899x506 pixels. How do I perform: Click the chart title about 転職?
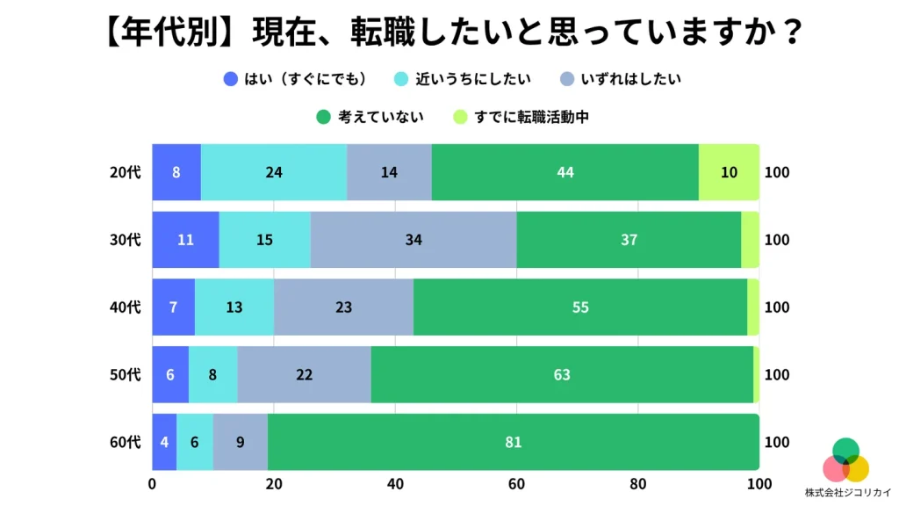(x=449, y=33)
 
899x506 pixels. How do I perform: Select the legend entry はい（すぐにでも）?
(x=295, y=78)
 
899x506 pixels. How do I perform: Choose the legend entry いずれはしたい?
(x=620, y=78)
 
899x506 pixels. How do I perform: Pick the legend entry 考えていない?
(x=369, y=116)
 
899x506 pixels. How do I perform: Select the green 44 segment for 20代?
(x=565, y=172)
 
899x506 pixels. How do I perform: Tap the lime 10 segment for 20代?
(x=729, y=172)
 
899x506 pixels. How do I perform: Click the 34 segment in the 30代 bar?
(x=414, y=240)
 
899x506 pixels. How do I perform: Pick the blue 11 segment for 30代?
(x=185, y=240)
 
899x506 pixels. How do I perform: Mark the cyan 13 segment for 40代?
(x=234, y=307)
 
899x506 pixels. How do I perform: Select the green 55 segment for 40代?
(x=579, y=307)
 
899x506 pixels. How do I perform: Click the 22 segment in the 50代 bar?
(x=304, y=375)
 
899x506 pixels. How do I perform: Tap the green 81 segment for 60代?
(x=514, y=442)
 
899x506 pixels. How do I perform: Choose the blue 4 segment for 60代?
(x=165, y=442)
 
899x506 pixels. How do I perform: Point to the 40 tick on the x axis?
(x=395, y=483)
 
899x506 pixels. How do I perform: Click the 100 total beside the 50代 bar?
(x=777, y=375)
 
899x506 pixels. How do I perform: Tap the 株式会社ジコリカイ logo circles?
(x=846, y=460)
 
